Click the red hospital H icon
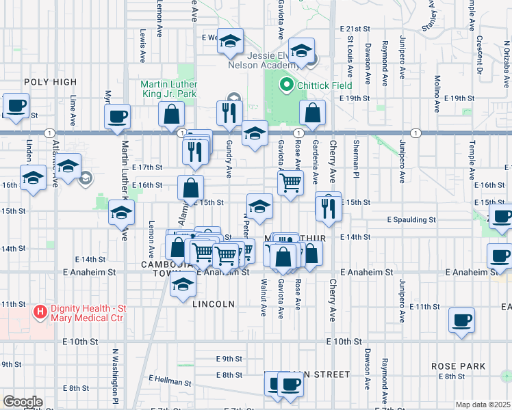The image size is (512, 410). click(40, 312)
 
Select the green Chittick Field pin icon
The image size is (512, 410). click(286, 85)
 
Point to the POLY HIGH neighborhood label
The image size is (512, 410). click(51, 82)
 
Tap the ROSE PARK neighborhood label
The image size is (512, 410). click(459, 366)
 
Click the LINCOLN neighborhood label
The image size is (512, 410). click(214, 303)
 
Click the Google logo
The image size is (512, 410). click(23, 402)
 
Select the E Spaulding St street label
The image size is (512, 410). click(411, 220)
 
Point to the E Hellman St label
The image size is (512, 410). click(171, 377)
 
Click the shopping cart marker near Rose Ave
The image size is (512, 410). click(291, 182)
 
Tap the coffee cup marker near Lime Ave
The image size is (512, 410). click(16, 107)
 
